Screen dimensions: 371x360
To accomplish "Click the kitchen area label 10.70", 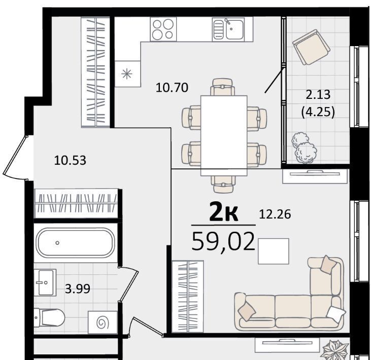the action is (x=172, y=87).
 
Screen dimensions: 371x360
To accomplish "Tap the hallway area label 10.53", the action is (x=70, y=160).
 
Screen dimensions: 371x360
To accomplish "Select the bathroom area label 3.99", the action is (x=78, y=289).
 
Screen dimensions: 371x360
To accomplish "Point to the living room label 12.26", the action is (x=275, y=214).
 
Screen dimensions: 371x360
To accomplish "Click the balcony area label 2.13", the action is (x=318, y=95).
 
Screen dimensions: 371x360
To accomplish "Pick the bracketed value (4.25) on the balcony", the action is (x=318, y=112).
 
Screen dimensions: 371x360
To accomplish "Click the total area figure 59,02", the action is (x=223, y=241).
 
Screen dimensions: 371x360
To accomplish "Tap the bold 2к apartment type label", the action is (x=224, y=213).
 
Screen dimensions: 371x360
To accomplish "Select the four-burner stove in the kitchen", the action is (x=163, y=29).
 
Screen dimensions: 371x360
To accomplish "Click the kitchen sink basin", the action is (x=234, y=29).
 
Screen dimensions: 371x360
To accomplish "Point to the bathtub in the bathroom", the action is (x=76, y=242).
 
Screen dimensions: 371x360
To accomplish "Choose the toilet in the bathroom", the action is (x=49, y=317).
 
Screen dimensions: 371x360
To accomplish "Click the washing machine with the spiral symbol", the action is (x=103, y=322).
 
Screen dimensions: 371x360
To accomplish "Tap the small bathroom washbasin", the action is (x=45, y=282).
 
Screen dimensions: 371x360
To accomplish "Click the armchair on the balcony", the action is (x=311, y=47).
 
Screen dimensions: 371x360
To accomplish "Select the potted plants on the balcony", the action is (x=304, y=148).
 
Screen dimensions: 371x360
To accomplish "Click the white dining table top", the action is (x=224, y=136).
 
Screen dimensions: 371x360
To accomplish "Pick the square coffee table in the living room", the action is (x=273, y=251).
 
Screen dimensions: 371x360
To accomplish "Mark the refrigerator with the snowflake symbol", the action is (x=127, y=74).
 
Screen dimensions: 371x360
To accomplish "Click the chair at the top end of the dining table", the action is (x=223, y=87).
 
